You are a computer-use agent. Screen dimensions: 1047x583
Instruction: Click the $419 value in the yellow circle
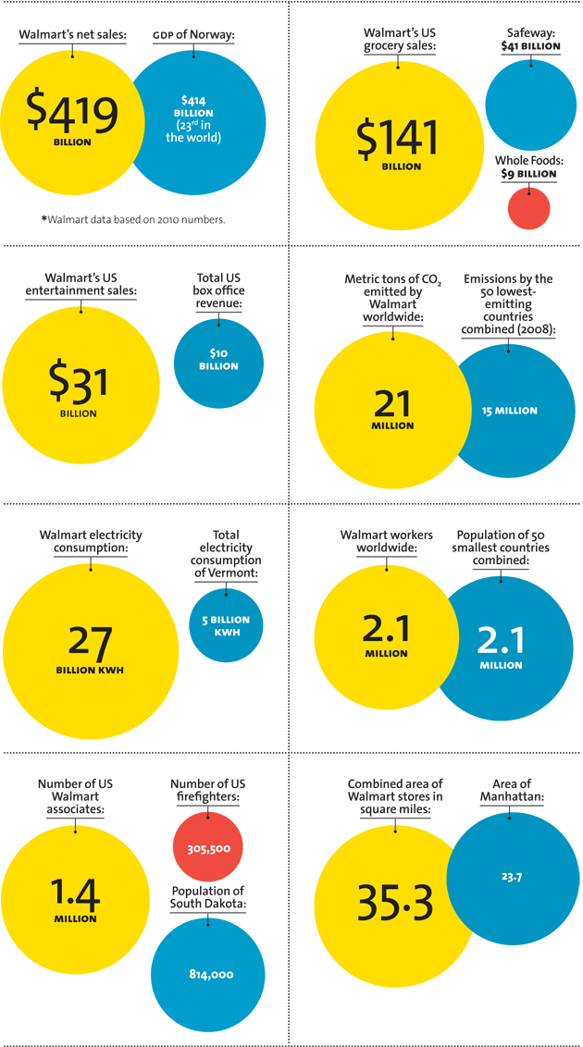point(72,112)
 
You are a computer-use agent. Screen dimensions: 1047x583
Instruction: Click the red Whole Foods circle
point(528,208)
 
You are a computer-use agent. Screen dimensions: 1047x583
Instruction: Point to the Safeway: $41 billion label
point(530,39)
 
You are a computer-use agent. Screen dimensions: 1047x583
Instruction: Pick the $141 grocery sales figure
point(397,139)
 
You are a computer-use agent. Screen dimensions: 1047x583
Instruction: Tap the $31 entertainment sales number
point(79,381)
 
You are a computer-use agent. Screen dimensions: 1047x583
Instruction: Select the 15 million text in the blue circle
point(509,411)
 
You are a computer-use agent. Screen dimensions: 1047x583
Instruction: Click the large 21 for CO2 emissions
point(393,403)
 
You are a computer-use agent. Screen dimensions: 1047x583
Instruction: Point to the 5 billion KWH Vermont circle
point(225,625)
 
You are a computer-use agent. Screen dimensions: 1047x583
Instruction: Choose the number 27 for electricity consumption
point(90,643)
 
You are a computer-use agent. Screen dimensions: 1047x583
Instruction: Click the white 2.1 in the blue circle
point(501,641)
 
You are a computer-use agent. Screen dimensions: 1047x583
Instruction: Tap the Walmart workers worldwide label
point(386,541)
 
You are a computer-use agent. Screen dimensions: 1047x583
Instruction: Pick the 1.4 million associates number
point(75,894)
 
